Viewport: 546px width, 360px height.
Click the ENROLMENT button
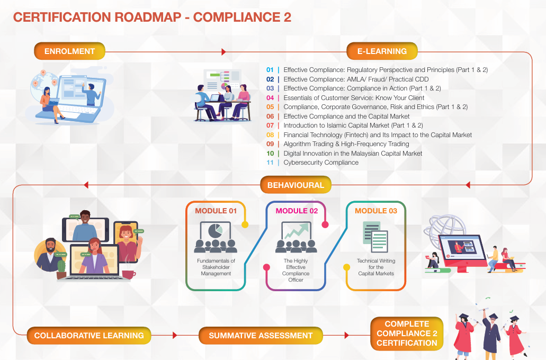(x=69, y=51)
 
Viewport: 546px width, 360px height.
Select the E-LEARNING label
(x=382, y=51)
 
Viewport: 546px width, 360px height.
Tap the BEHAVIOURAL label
(x=296, y=185)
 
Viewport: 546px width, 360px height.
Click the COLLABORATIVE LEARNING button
(x=89, y=335)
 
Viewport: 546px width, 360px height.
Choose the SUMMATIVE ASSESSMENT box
(x=261, y=335)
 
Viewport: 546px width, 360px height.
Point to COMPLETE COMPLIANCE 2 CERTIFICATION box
(x=407, y=334)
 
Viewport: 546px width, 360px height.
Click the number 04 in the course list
(x=270, y=98)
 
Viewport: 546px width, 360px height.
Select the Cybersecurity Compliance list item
(x=321, y=163)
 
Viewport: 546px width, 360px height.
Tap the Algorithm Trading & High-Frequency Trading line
(x=346, y=144)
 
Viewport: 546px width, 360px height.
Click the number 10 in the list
(x=270, y=154)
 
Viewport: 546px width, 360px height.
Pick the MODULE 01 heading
(x=216, y=211)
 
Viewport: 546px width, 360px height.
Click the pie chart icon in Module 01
(x=215, y=231)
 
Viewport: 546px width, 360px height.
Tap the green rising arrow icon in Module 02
(x=297, y=231)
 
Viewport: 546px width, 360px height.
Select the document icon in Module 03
(x=375, y=237)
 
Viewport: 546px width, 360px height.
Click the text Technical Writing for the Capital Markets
(x=376, y=267)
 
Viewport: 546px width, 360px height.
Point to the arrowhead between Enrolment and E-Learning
(x=223, y=52)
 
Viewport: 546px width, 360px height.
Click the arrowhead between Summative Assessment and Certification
(x=346, y=335)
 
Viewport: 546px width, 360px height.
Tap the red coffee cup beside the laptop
(x=128, y=274)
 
